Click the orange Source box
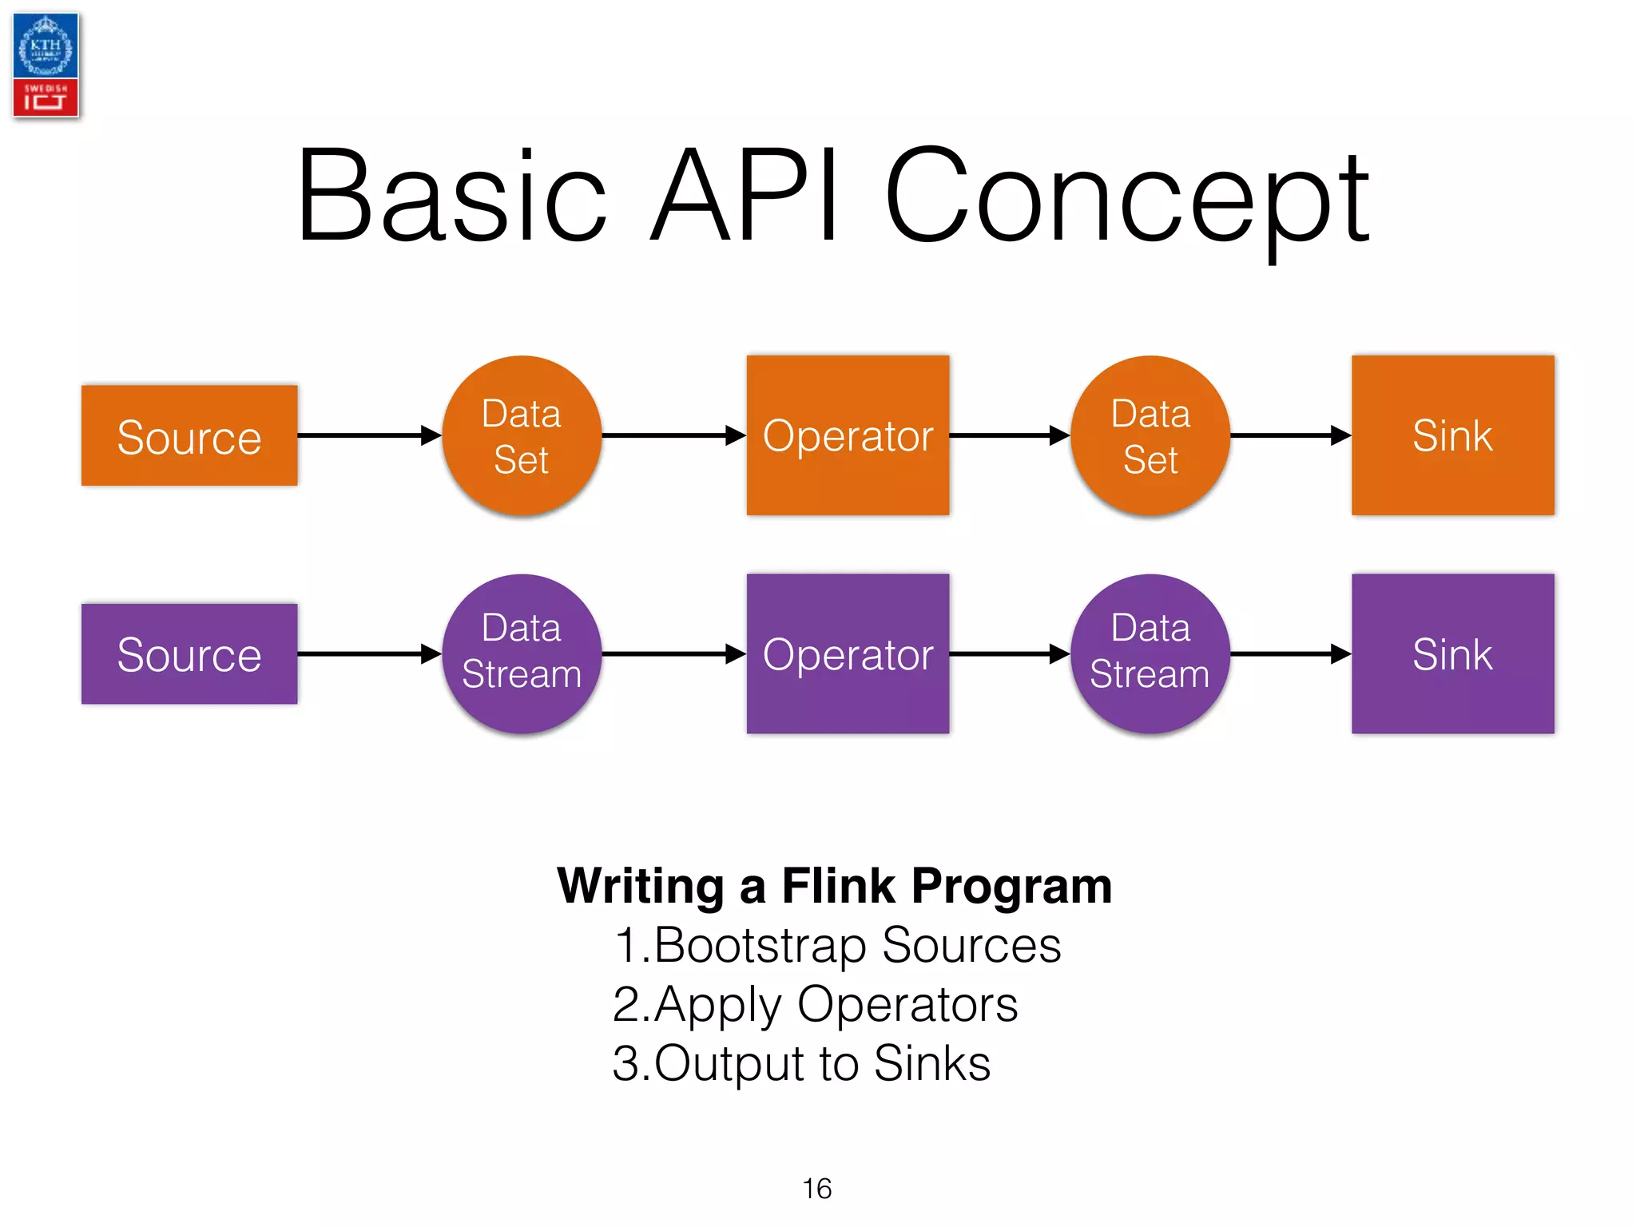189,435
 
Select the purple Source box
189,653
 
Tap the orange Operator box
848,435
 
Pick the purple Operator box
848,653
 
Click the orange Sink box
1452,435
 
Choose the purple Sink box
1452,653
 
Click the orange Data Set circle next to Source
522,435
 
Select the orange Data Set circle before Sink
1150,435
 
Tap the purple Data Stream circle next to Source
522,653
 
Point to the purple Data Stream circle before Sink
1150,653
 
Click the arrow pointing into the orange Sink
1290,435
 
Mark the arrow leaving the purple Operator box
1009,653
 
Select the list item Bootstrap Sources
837,945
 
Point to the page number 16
816,1189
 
